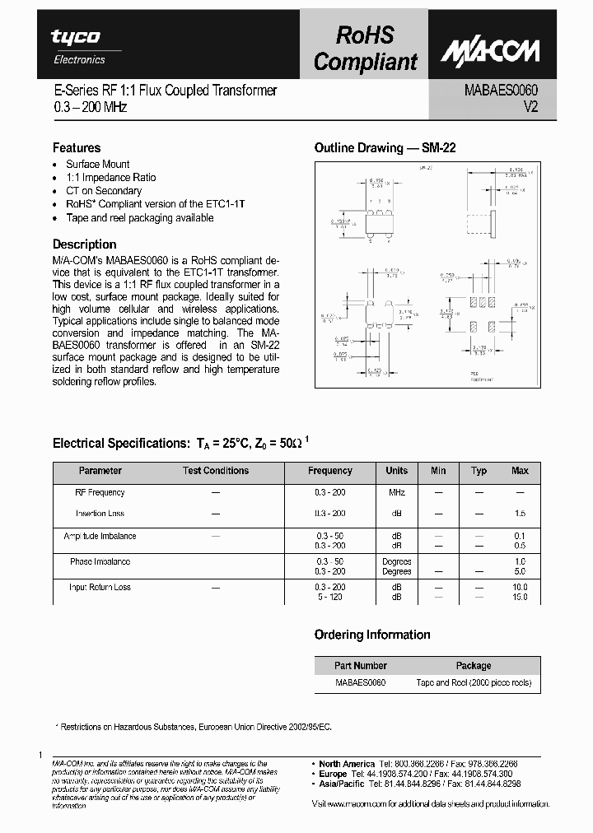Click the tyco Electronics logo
pyautogui.click(x=77, y=44)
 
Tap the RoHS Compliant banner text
pyautogui.click(x=366, y=48)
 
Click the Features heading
pyautogui.click(x=77, y=148)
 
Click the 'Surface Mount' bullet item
pyautogui.click(x=98, y=164)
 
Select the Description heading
pyautogui.click(x=85, y=244)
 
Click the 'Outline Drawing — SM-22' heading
pyautogui.click(x=385, y=148)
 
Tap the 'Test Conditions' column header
pyautogui.click(x=216, y=471)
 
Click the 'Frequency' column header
pyautogui.click(x=329, y=471)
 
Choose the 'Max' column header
pyautogui.click(x=520, y=471)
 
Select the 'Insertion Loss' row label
pyautogui.click(x=100, y=514)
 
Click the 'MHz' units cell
pyautogui.click(x=396, y=492)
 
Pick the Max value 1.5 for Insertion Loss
pyautogui.click(x=520, y=514)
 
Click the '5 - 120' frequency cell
pyautogui.click(x=329, y=597)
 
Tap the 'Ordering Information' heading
pyautogui.click(x=372, y=635)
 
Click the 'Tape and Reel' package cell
pyautogui.click(x=473, y=682)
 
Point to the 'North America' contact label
pyautogui.click(x=347, y=764)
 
